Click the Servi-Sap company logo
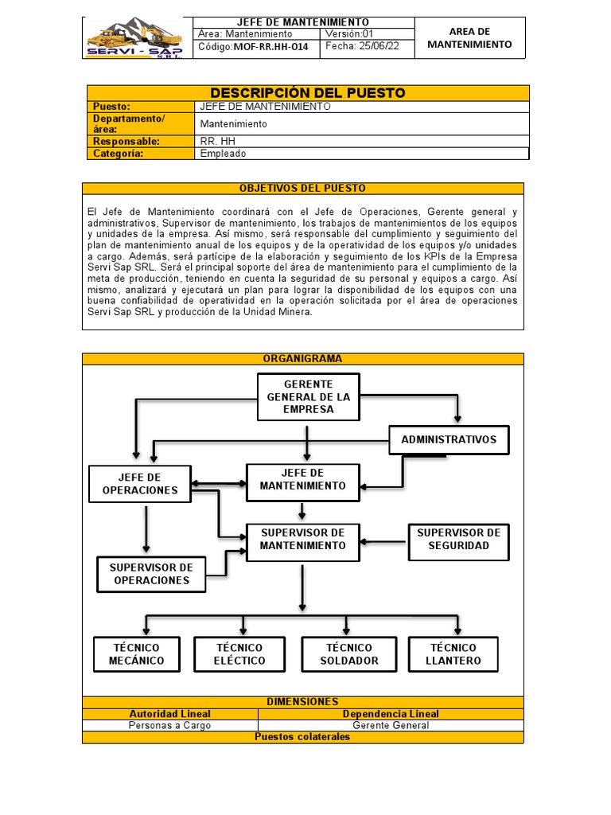pyautogui.click(x=138, y=38)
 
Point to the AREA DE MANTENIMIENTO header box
pyautogui.click(x=469, y=38)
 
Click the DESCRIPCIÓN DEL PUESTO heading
pyautogui.click(x=307, y=93)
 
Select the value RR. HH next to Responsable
pyautogui.click(x=213, y=141)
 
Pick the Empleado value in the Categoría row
pyautogui.click(x=223, y=154)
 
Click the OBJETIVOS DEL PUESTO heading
pyautogui.click(x=302, y=189)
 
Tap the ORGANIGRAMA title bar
pyautogui.click(x=302, y=359)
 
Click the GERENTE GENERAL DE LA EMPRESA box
pyautogui.click(x=308, y=396)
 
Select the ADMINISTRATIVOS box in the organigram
pyautogui.click(x=448, y=439)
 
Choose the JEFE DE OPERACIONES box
pyautogui.click(x=140, y=483)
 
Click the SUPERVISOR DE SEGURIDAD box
pyautogui.click(x=458, y=540)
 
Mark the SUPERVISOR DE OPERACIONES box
pyautogui.click(x=151, y=574)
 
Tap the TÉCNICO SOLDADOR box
pyautogui.click(x=348, y=654)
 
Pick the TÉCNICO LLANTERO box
pyautogui.click(x=453, y=654)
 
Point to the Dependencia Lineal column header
pyautogui.click(x=390, y=714)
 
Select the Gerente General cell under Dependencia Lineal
pyautogui.click(x=390, y=725)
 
